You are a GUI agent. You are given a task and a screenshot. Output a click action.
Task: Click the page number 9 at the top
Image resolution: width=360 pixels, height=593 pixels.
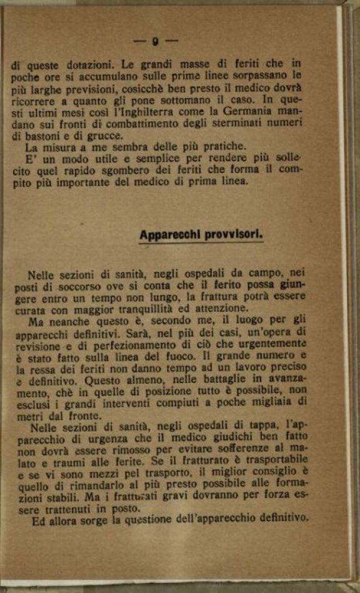point(155,42)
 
